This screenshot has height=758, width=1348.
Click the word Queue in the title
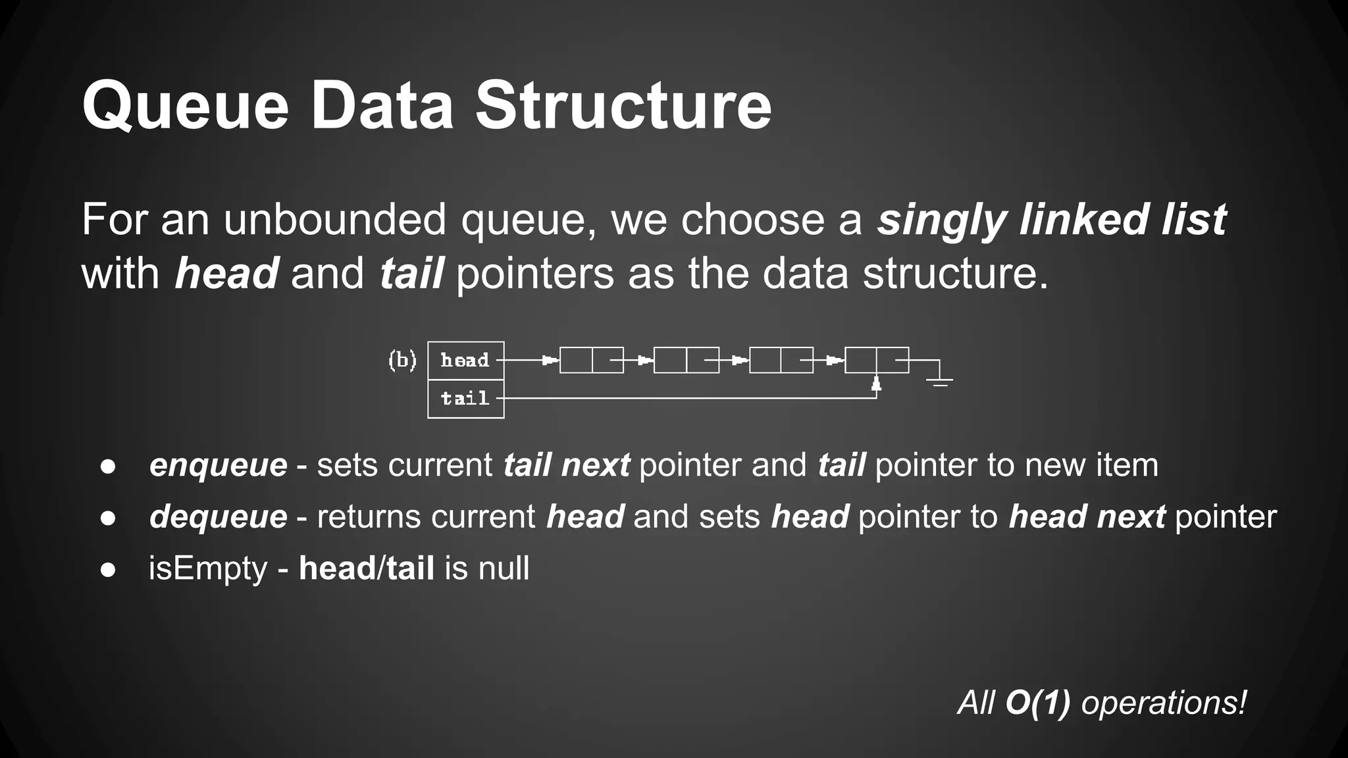click(x=186, y=105)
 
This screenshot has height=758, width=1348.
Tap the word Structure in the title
click(x=623, y=105)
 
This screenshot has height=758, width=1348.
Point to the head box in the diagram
click(x=465, y=361)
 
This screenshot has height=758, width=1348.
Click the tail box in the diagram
click(x=465, y=399)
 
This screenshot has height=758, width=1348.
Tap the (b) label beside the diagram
click(x=402, y=361)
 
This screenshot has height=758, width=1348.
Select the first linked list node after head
click(x=591, y=361)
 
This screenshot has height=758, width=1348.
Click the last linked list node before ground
click(x=876, y=361)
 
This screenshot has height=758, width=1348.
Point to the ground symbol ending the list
click(x=940, y=380)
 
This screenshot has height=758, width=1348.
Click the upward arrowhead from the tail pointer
click(x=876, y=384)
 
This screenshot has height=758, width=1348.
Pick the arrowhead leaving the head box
click(x=549, y=361)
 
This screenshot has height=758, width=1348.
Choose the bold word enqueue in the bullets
click(x=218, y=465)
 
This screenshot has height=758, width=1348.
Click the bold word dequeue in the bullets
click(x=218, y=517)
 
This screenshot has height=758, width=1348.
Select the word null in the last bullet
click(x=504, y=568)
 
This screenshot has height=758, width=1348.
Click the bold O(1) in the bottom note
click(x=1037, y=703)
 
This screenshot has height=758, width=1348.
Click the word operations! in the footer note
click(x=1164, y=703)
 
